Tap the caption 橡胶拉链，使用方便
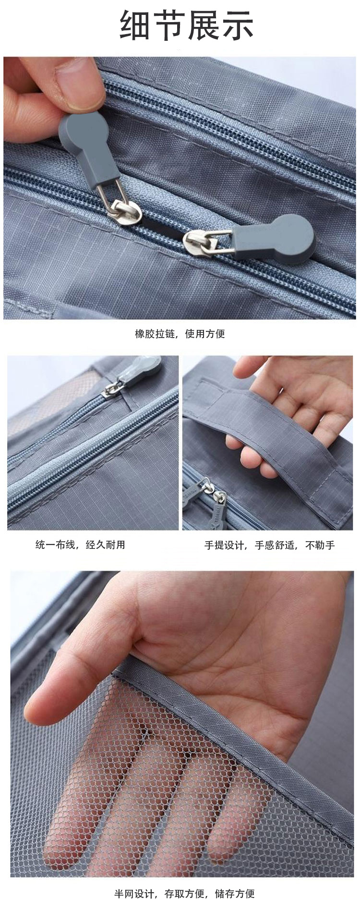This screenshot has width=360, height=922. (180, 334)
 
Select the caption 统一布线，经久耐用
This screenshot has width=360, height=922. (80, 545)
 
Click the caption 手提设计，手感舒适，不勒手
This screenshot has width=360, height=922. (269, 545)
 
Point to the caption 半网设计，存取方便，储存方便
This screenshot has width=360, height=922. (184, 894)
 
